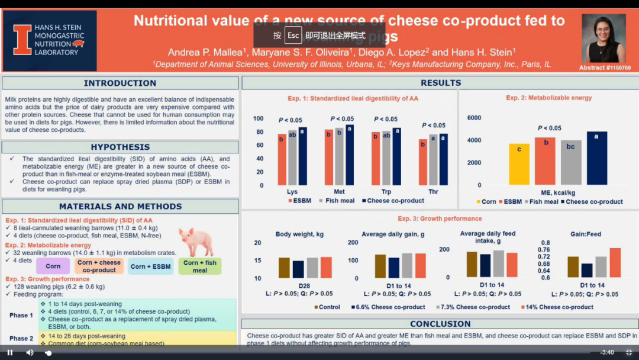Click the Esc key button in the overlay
[x=293, y=35]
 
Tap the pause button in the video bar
[x=10, y=352]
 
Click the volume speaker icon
[x=30, y=352]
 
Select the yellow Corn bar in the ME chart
[x=519, y=164]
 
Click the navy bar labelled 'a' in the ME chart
[x=597, y=158]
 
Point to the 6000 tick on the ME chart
[x=475, y=118]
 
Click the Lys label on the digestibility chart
[x=292, y=192]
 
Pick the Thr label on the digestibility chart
[x=434, y=192]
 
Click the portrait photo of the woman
[x=603, y=38]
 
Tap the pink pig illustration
[x=196, y=242]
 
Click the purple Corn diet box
[x=53, y=266]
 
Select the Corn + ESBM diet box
[x=151, y=266]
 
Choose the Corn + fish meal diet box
[x=200, y=266]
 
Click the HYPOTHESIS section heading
[x=120, y=147]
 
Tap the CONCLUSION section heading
[x=440, y=324]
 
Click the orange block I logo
[x=22, y=40]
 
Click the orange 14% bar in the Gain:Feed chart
[x=615, y=262]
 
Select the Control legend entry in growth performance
[x=327, y=307]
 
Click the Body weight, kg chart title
[x=299, y=234]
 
